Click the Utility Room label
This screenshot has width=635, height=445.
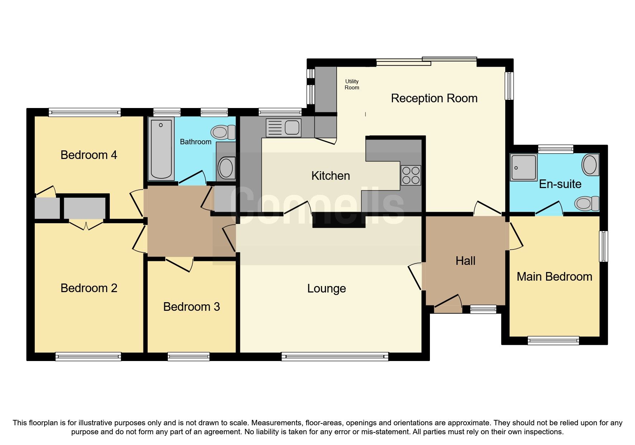[x=352, y=85]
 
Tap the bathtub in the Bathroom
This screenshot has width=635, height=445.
[x=161, y=149]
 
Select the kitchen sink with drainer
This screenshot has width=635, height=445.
[x=283, y=128]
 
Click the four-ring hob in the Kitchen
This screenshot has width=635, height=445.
[x=411, y=175]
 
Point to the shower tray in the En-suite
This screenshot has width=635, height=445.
[x=523, y=167]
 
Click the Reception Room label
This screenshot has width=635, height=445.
[x=434, y=98]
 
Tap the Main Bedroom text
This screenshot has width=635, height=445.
[x=554, y=277]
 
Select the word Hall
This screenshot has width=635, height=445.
[x=465, y=261]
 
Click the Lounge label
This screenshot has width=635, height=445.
[x=326, y=289]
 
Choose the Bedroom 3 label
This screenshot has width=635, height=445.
[x=191, y=307]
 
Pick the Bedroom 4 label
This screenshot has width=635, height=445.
[x=89, y=155]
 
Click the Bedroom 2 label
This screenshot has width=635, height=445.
[x=89, y=288]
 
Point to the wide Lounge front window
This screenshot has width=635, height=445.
[x=335, y=357]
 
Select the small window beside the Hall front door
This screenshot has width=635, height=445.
[x=483, y=309]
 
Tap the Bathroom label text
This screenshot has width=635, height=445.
[x=195, y=142]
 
